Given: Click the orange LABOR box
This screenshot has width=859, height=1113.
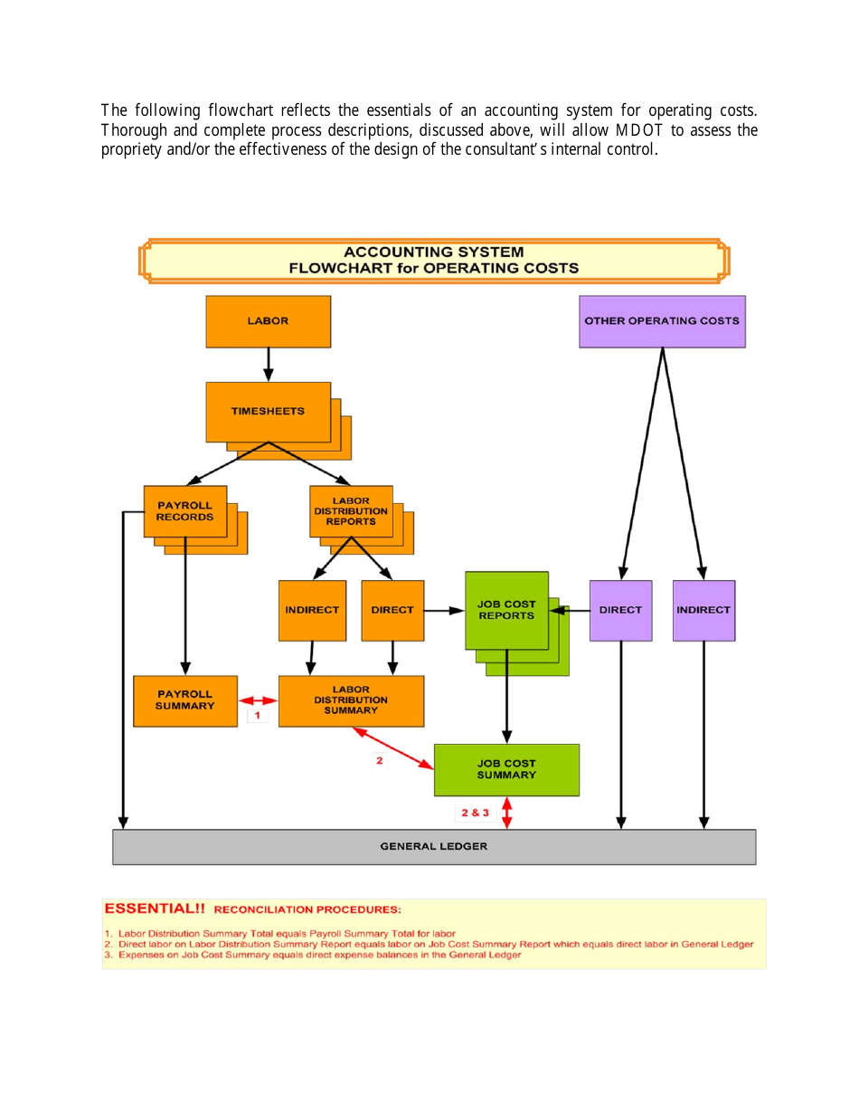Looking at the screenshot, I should click(268, 321).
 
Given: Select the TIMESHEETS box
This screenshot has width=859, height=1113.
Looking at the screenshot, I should click(268, 412).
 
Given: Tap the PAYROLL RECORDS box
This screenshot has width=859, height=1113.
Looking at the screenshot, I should click(185, 511).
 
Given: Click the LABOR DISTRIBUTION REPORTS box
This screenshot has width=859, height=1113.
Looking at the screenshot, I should click(351, 511).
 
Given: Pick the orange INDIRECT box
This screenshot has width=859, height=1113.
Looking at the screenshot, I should click(312, 610).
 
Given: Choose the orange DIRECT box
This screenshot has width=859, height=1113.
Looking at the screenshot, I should click(392, 610).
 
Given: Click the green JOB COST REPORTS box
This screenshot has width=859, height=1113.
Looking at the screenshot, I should click(506, 610).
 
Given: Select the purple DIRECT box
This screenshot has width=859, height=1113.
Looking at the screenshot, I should click(620, 610).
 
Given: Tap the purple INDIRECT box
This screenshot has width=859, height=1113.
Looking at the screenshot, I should click(703, 610).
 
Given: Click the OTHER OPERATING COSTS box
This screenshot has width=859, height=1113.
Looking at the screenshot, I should click(662, 321).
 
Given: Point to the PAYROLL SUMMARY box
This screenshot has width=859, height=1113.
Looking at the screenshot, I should click(185, 700).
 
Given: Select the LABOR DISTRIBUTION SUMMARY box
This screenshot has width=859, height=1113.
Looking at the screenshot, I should click(351, 700).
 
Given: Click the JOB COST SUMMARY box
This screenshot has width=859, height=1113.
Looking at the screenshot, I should click(506, 769).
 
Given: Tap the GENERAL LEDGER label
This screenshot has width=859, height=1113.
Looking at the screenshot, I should click(434, 847).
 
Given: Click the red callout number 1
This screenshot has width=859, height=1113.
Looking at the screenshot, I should click(258, 716).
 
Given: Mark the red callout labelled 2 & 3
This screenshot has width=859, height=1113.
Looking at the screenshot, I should click(475, 813).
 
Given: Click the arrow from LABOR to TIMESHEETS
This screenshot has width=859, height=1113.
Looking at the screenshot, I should click(268, 365).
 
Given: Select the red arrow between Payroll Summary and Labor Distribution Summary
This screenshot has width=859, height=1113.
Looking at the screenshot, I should click(258, 700).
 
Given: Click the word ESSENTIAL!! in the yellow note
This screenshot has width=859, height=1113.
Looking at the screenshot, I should click(155, 908).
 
